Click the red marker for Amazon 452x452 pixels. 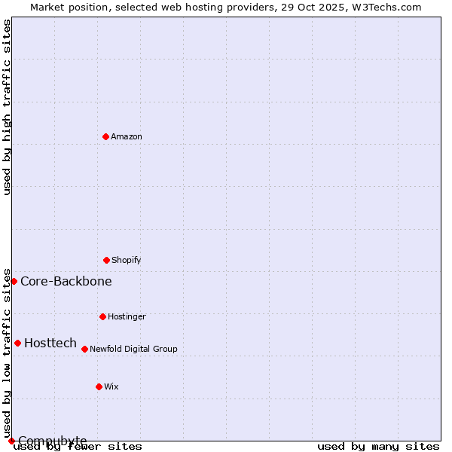(105, 136)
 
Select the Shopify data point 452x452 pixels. (106, 260)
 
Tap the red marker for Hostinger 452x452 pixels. (102, 316)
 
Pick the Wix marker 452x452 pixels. (99, 386)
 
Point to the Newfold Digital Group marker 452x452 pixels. (84, 349)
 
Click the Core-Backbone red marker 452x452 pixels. (14, 281)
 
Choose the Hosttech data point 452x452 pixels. (17, 343)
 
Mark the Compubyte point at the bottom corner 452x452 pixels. (11, 441)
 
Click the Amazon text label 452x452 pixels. (127, 136)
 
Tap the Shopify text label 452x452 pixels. (127, 260)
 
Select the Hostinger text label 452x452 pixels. (127, 316)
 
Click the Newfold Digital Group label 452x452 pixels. (133, 349)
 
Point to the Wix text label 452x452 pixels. (111, 386)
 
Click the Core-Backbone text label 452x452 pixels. (66, 281)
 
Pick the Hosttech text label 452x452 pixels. (50, 343)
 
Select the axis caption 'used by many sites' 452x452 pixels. (378, 446)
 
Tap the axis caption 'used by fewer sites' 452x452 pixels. (78, 446)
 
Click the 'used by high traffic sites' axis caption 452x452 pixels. (7, 107)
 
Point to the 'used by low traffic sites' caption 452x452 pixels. (7, 353)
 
